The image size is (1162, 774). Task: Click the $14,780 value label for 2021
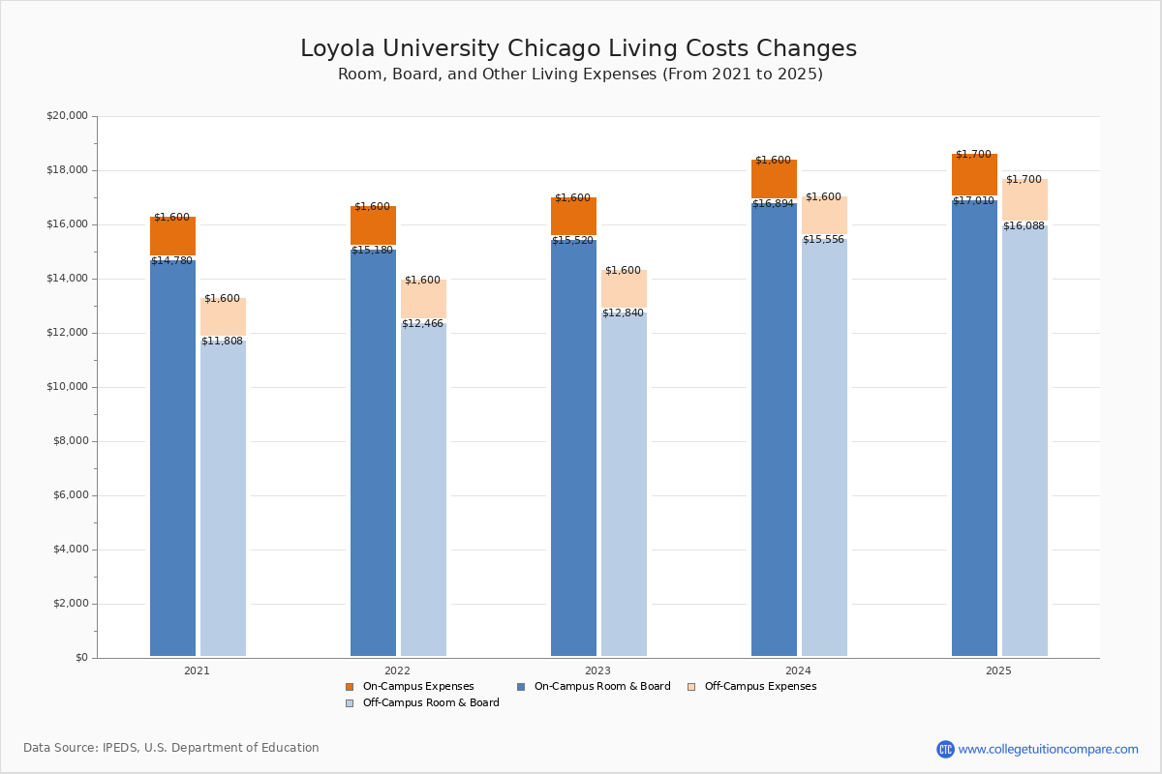coord(172,261)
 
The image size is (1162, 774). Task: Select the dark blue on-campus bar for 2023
coord(573,445)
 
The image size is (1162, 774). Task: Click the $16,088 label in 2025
coord(1024,226)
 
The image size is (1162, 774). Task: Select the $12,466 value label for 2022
coord(422,324)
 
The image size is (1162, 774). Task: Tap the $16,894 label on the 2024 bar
coord(773,204)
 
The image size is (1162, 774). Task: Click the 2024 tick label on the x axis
coord(798,670)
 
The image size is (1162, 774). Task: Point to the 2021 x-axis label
coord(197,670)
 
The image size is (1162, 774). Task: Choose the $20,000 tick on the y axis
coord(67,116)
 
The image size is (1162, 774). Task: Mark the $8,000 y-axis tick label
coord(70,441)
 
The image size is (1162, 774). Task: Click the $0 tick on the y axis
coord(80,658)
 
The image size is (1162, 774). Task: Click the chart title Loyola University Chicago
coord(578,49)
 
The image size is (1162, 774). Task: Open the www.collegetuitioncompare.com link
coord(1048,749)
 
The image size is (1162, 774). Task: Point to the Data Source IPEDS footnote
coord(171,748)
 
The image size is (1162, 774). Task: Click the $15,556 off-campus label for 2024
coord(823,240)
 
